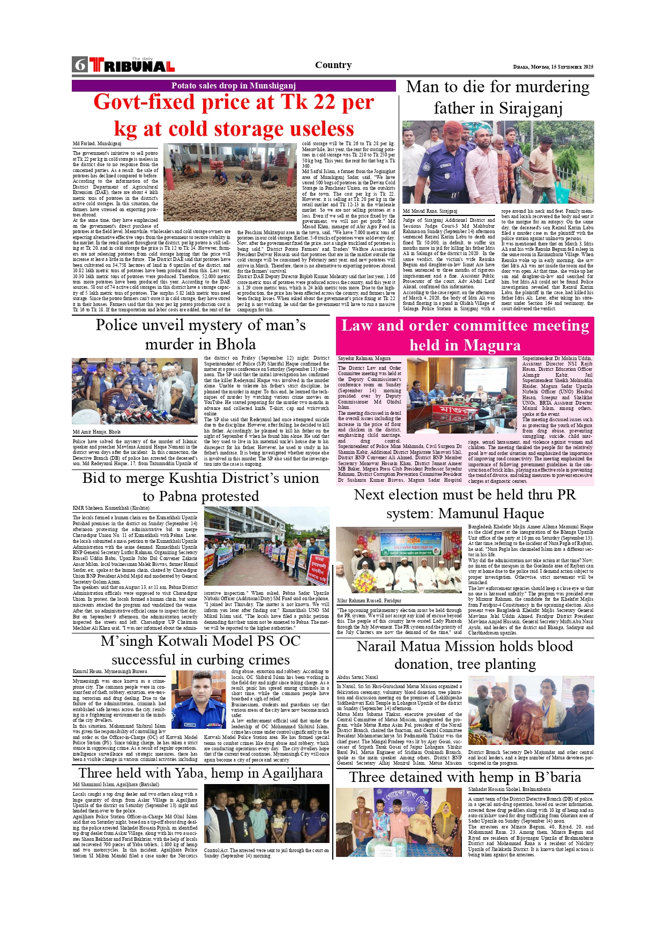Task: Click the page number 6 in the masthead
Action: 80,65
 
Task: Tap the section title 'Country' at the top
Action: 333,65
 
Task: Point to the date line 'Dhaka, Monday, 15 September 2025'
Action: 553,67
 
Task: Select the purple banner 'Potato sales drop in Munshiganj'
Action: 234,86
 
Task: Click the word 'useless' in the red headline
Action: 315,129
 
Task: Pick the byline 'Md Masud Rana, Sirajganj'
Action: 430,211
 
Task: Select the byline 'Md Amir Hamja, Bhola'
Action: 97,431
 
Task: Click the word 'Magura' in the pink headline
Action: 492,345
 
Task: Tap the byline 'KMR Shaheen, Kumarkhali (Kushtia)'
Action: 111,508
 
